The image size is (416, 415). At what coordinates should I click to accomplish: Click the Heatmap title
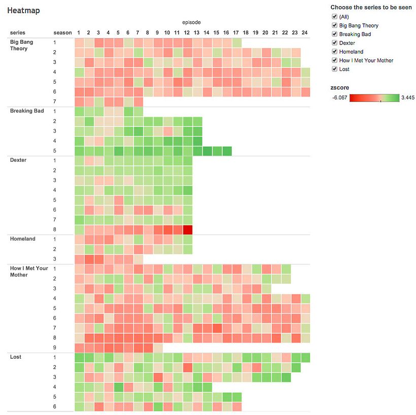(x=23, y=10)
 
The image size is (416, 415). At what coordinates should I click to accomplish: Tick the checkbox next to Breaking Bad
(x=334, y=34)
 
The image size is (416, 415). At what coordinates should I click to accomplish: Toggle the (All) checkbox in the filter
(x=334, y=17)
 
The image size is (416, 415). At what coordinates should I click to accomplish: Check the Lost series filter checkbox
(x=334, y=69)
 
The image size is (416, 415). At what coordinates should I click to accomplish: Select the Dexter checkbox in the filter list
(x=334, y=43)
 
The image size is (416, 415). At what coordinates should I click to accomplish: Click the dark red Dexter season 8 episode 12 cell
(x=188, y=229)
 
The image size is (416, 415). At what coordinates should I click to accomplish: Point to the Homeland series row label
(x=23, y=239)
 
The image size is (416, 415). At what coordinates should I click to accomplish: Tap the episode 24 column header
(x=304, y=33)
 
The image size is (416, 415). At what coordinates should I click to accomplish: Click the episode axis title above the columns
(x=191, y=22)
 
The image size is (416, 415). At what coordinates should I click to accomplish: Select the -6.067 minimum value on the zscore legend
(x=338, y=98)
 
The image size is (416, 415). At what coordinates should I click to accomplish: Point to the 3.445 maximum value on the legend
(x=407, y=98)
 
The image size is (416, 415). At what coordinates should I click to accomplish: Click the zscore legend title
(x=339, y=87)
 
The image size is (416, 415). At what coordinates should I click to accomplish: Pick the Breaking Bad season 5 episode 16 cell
(x=227, y=151)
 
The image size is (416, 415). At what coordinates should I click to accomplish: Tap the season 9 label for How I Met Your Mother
(x=55, y=348)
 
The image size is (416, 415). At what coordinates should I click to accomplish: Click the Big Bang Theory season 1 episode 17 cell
(x=236, y=43)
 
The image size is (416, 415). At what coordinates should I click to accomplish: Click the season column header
(x=62, y=33)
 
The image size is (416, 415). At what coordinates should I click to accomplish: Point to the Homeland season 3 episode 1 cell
(x=79, y=259)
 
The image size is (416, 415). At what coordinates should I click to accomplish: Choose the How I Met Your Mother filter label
(x=366, y=60)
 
